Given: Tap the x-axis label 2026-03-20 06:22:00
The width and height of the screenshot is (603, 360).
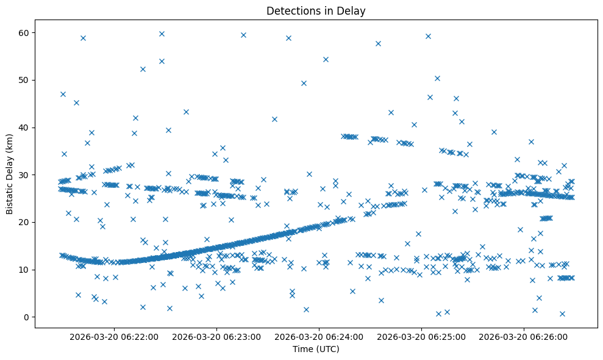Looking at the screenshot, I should [x=114, y=337].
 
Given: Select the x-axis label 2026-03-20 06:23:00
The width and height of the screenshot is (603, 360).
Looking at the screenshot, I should [x=217, y=337].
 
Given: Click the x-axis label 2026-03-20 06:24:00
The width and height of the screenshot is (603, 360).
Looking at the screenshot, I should [x=319, y=337].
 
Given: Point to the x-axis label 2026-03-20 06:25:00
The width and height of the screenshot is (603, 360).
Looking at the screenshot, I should [x=422, y=337].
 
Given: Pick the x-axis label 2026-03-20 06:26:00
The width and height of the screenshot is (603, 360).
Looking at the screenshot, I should [x=524, y=337].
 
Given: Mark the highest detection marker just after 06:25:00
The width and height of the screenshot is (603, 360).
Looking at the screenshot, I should [x=428, y=36].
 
